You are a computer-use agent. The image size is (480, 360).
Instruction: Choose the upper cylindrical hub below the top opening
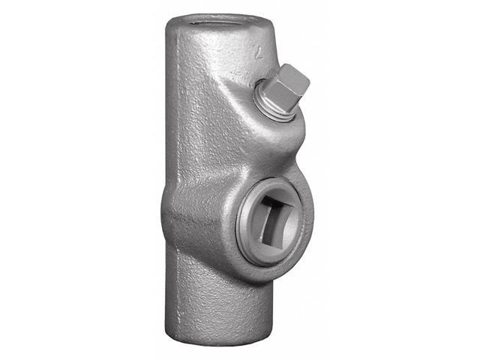pos(199,67)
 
